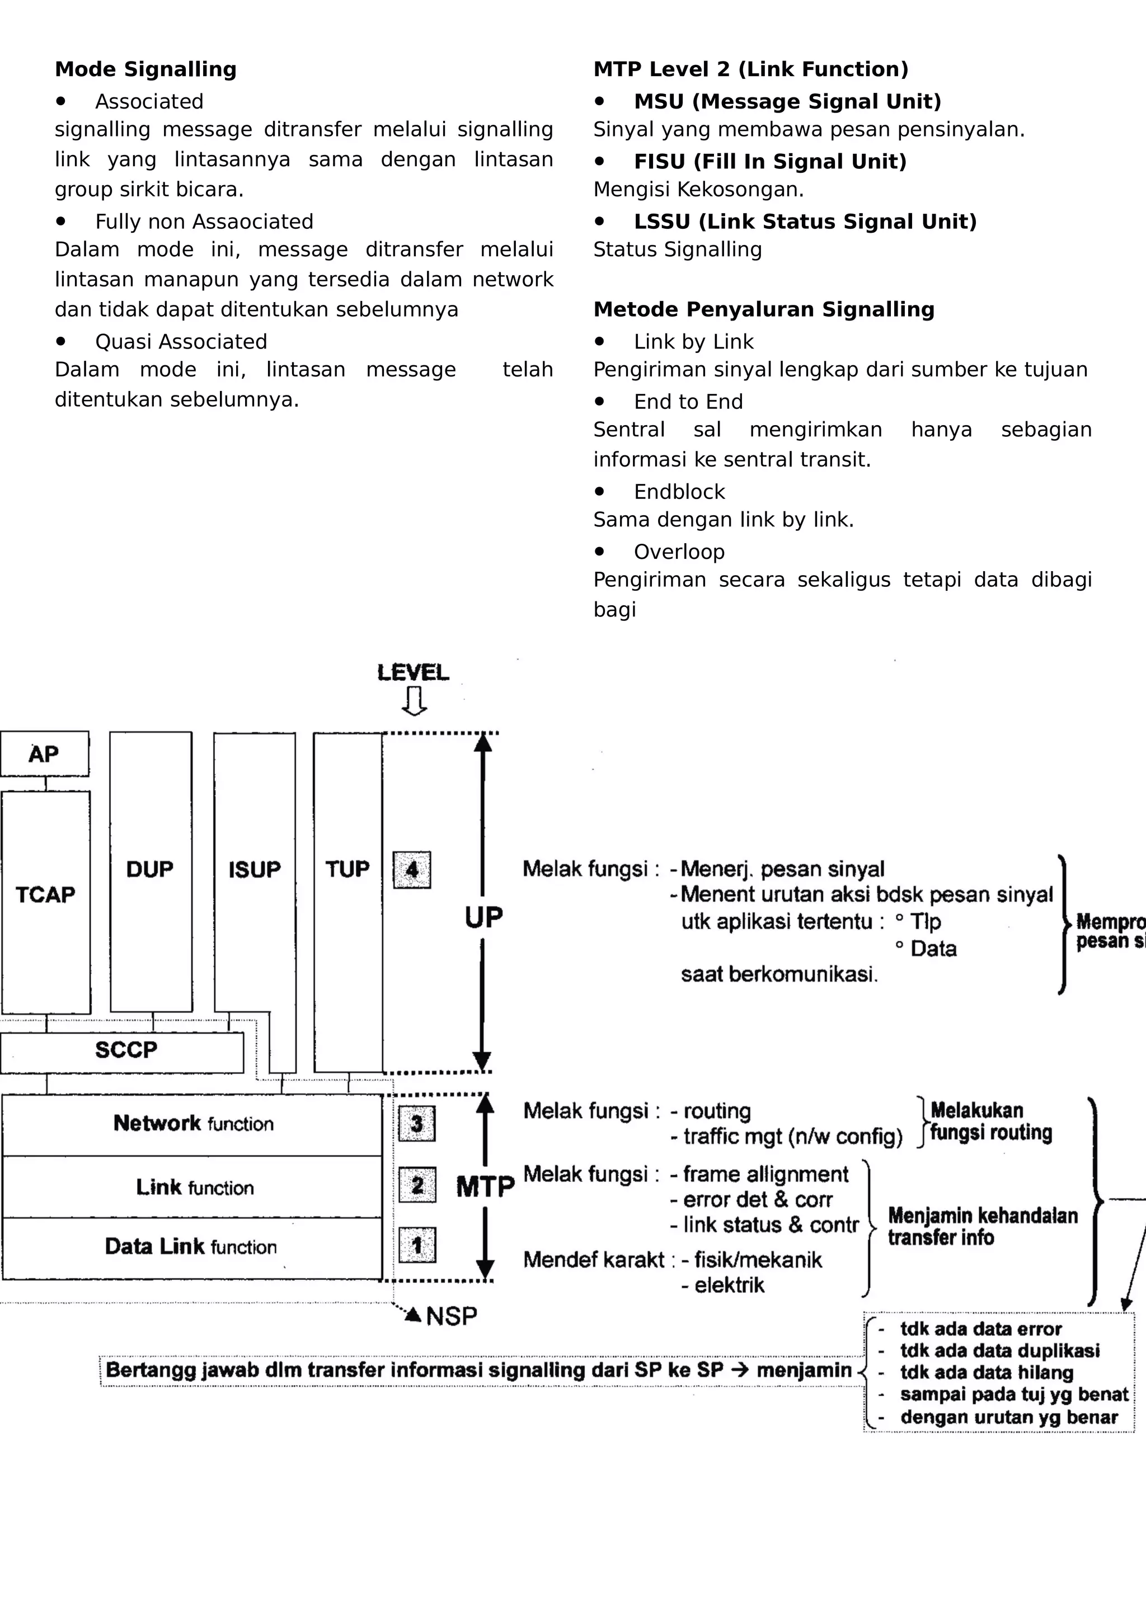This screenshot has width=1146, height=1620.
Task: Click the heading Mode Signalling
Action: tap(145, 69)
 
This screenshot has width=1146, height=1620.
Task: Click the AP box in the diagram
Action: tap(44, 754)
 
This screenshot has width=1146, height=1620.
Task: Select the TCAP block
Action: tap(46, 894)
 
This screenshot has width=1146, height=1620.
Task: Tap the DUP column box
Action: tap(151, 869)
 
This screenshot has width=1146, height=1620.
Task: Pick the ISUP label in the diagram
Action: tap(254, 869)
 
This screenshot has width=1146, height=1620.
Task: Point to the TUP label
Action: tap(347, 869)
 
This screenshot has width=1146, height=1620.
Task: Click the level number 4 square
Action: tap(412, 870)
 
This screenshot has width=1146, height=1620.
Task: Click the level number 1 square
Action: tap(417, 1245)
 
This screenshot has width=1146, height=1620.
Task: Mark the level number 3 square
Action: tap(417, 1123)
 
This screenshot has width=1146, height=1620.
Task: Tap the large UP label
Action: tap(483, 917)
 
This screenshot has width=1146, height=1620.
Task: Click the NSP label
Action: tap(452, 1316)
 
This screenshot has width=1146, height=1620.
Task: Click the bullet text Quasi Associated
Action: tap(181, 341)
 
